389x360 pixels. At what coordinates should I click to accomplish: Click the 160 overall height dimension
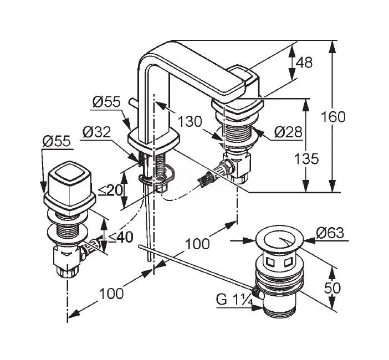(x=333, y=117)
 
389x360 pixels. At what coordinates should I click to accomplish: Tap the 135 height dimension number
(x=306, y=159)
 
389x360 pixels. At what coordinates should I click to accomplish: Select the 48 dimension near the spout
(x=304, y=62)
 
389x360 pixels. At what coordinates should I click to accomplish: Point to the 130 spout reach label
(x=190, y=121)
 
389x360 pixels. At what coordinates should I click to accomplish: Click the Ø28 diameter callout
(x=288, y=132)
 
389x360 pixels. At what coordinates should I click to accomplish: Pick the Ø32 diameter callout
(x=96, y=132)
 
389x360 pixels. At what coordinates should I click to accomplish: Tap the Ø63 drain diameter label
(x=330, y=233)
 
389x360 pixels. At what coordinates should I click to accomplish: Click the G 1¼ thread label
(x=234, y=299)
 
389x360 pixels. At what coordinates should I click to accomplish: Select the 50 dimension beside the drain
(x=332, y=288)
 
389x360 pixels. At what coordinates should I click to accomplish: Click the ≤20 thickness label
(x=111, y=191)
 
